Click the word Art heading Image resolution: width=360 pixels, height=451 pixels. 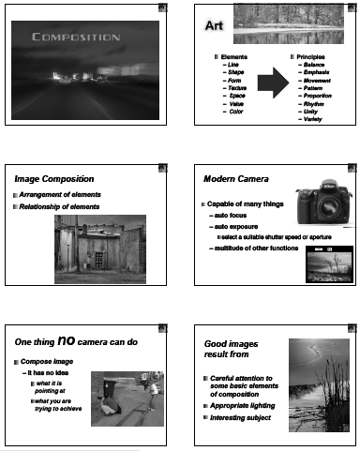215,25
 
